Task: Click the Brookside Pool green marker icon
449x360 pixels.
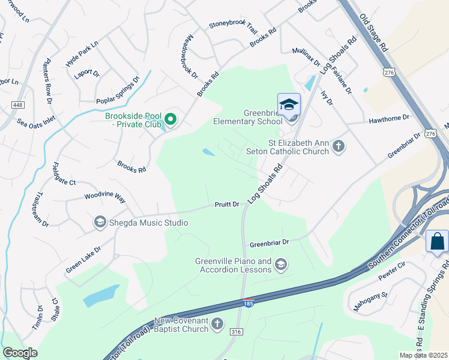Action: (170, 119)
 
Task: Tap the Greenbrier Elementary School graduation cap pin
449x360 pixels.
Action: (289, 104)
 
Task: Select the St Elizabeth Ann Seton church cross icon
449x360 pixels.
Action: (339, 146)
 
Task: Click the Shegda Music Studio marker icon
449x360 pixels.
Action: (100, 223)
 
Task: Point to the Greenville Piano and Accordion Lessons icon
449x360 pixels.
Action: (280, 264)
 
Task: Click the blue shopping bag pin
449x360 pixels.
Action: (437, 242)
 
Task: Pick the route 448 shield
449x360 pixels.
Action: (17, 105)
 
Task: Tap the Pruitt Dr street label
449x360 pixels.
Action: (228, 205)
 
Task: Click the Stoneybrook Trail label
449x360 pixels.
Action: (233, 27)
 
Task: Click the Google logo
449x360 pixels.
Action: (20, 353)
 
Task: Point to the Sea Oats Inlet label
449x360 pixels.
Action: (36, 121)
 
